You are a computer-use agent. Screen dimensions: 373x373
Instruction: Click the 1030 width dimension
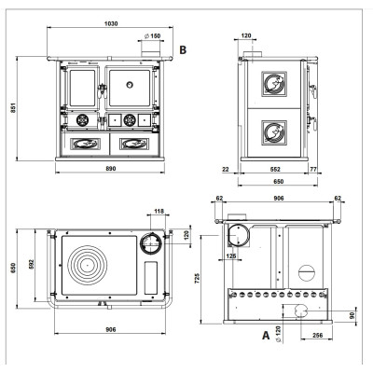point(111,23)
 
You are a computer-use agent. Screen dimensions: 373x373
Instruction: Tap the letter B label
point(183,49)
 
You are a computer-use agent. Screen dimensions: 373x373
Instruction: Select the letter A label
point(266,335)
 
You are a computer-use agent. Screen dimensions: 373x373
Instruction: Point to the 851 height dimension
point(12,107)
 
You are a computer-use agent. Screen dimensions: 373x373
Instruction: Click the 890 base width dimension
point(111,169)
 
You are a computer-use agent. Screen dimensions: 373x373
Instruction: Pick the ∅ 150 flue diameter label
point(153,35)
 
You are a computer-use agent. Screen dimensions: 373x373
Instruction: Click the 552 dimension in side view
point(275,170)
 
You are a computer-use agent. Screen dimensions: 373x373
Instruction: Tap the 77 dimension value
point(313,170)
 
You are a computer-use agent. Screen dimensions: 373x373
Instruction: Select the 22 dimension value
point(226,170)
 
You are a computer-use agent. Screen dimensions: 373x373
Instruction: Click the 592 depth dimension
point(31,264)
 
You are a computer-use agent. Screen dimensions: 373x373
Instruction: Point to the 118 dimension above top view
point(159,212)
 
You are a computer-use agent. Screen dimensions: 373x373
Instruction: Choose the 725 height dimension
point(198,278)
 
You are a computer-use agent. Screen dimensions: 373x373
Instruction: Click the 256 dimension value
point(317,335)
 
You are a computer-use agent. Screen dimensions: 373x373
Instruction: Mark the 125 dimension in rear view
point(231,256)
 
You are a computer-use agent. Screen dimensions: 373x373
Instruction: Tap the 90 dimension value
point(352,315)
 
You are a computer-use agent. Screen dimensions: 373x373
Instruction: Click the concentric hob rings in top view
point(88,265)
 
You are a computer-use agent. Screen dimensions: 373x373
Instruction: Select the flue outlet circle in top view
point(151,242)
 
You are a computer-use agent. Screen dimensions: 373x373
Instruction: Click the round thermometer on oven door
point(130,84)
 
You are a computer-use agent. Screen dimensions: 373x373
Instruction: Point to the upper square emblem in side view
point(274,84)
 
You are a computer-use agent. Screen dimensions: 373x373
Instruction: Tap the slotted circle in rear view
point(307,273)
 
